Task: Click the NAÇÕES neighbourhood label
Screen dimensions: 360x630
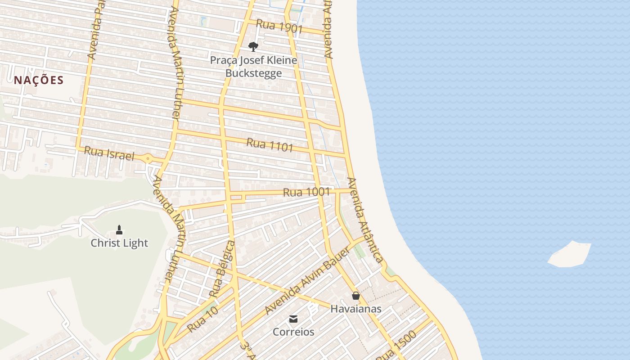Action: coord(39,81)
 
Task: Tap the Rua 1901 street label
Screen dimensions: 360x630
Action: coord(279,27)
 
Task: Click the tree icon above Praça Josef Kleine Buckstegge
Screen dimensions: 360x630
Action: coord(253,46)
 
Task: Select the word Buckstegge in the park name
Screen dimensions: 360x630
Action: coord(253,73)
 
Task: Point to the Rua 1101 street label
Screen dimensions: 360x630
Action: coord(270,145)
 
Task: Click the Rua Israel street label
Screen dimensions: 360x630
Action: coord(109,153)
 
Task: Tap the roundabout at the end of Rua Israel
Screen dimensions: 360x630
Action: coord(148,158)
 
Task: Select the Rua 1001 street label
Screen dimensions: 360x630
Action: coord(306,192)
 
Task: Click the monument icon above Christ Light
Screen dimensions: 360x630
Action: coord(119,230)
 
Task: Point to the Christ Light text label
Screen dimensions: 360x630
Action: coord(119,243)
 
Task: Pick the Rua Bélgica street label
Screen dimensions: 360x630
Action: coord(222,269)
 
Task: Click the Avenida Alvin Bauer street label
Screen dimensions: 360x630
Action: coord(307,281)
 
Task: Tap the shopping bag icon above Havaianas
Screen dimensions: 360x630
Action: coord(356,296)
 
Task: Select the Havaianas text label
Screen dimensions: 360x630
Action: coord(356,309)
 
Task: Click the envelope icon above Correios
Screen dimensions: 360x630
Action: coord(293,319)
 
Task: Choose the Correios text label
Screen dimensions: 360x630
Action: coord(293,332)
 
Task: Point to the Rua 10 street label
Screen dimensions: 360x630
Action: coord(202,319)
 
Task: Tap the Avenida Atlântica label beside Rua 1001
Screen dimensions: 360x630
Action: coord(365,220)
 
